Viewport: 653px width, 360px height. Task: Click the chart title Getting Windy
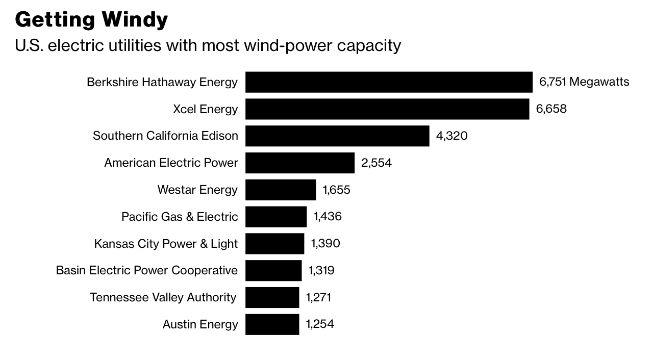coord(91,20)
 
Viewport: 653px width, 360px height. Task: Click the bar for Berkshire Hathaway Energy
coord(389,82)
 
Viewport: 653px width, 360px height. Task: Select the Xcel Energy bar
coord(387,109)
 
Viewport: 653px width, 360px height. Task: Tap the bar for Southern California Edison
coord(337,136)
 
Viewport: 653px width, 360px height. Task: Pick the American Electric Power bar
coord(300,163)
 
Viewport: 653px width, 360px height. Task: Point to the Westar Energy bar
coord(281,190)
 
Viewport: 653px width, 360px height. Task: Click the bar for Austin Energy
coord(272,324)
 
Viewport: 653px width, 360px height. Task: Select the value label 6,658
coord(551,109)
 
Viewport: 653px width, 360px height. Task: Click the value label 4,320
coord(451,136)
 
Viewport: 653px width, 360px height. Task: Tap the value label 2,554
coord(376,163)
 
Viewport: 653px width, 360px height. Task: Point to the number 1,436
coord(328,217)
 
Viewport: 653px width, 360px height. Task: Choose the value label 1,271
coord(318,297)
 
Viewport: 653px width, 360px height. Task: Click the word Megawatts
coord(599,82)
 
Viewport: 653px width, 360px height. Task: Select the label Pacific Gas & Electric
coord(180,217)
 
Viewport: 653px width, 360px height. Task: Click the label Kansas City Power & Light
coord(166,244)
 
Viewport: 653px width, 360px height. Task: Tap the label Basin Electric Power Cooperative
coord(146,270)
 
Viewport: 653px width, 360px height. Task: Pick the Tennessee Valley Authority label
coord(163,297)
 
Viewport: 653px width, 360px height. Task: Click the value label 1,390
coord(325,244)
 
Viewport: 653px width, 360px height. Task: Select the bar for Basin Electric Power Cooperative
coord(273,270)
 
